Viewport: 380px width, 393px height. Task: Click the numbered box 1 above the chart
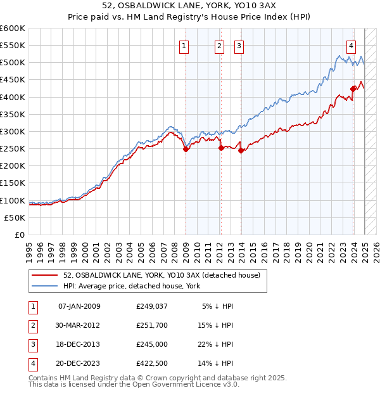184,45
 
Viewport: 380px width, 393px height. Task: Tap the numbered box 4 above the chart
351,45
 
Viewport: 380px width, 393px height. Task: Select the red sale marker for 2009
186,149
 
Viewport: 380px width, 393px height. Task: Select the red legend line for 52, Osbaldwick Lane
45,274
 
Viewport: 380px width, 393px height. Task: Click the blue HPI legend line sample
45,286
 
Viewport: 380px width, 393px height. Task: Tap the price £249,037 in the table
151,306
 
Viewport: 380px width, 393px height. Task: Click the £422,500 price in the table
151,363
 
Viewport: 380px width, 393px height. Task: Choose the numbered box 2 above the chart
219,45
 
